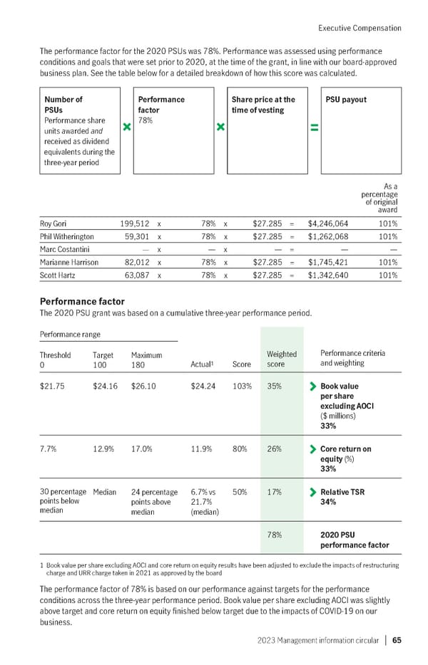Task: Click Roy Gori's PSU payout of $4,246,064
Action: click(x=328, y=223)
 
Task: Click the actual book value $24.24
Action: click(x=205, y=387)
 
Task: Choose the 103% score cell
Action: click(x=243, y=387)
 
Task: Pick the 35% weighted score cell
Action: click(x=274, y=387)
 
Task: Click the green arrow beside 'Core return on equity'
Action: click(x=312, y=449)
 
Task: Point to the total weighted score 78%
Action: click(x=275, y=533)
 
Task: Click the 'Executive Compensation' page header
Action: click(x=359, y=28)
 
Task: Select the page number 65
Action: click(x=396, y=639)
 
